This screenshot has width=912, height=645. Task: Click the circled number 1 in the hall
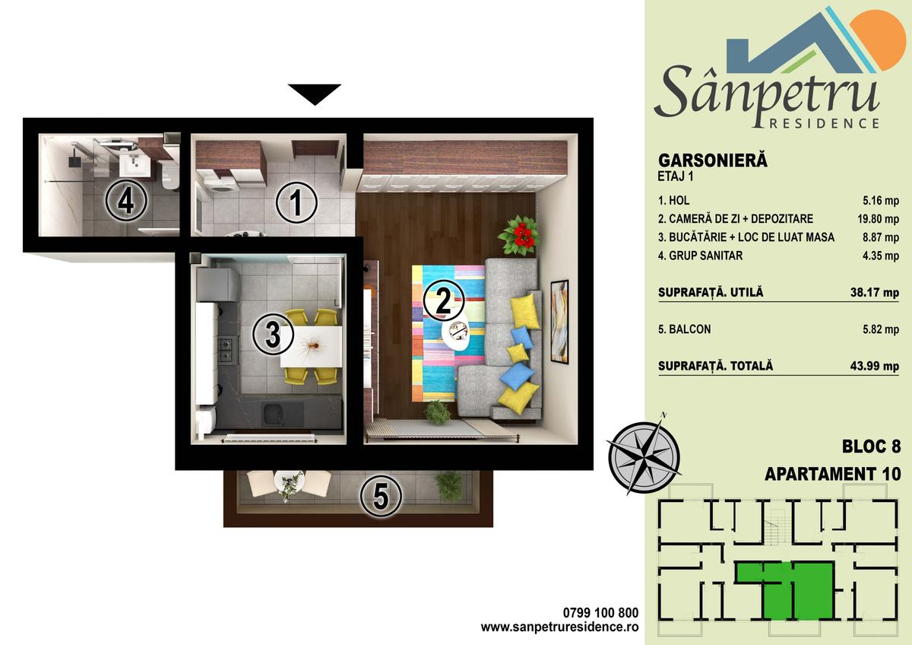pyautogui.click(x=296, y=202)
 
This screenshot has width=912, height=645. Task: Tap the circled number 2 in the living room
pyautogui.click(x=443, y=300)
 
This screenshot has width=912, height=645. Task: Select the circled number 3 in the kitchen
pyautogui.click(x=273, y=334)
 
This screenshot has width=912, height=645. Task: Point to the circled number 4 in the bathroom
pyautogui.click(x=126, y=200)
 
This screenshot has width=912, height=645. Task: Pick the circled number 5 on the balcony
pyautogui.click(x=381, y=496)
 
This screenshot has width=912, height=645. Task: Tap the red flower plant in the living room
pyautogui.click(x=519, y=235)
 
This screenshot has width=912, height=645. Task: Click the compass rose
pyautogui.click(x=644, y=456)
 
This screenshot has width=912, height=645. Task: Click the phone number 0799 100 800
pyautogui.click(x=600, y=612)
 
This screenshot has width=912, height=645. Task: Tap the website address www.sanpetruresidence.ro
pyautogui.click(x=559, y=626)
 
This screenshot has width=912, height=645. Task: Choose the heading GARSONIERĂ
pyautogui.click(x=713, y=160)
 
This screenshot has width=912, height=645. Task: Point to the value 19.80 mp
pyautogui.click(x=879, y=219)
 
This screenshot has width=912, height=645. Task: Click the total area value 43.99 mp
pyautogui.click(x=875, y=366)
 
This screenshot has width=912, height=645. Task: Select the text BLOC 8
pyautogui.click(x=871, y=446)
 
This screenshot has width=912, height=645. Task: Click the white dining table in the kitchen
pyautogui.click(x=311, y=346)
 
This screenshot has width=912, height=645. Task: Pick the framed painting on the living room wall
pyautogui.click(x=559, y=321)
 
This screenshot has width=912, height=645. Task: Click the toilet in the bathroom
pyautogui.click(x=169, y=175)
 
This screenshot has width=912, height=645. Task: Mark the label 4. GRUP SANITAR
pyautogui.click(x=700, y=256)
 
